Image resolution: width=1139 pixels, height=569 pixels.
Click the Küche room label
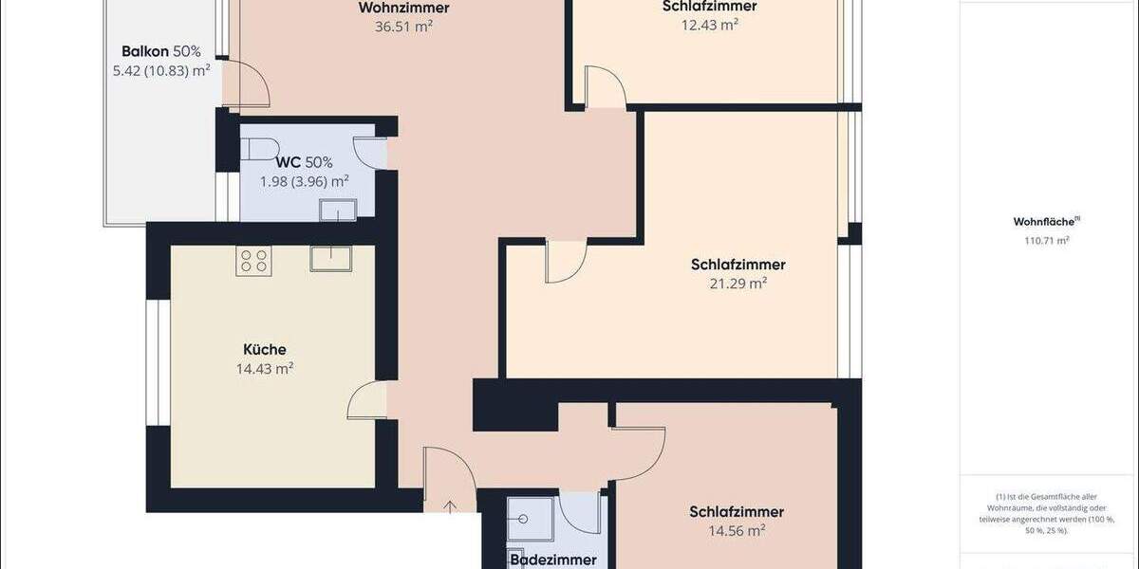coord(264,350)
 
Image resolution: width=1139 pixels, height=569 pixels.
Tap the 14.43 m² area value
coord(264,369)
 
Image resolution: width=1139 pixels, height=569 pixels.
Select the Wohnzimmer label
coord(403,9)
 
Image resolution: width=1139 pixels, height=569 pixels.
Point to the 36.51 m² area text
coord(403,27)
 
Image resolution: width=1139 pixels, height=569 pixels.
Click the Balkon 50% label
coord(161,51)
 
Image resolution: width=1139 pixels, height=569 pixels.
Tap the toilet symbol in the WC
coord(256,150)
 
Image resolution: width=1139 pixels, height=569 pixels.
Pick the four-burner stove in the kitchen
coord(253,261)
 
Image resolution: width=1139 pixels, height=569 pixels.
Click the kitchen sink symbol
coord(330,258)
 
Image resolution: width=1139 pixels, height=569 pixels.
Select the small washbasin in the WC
coord(337,210)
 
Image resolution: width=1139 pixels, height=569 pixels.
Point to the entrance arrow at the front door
coord(450,505)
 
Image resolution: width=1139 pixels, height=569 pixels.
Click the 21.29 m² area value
coord(738,284)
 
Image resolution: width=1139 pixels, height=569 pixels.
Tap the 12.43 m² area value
coord(709,26)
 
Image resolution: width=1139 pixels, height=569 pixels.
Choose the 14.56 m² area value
coord(737,531)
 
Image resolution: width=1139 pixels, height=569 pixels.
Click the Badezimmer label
coord(553,560)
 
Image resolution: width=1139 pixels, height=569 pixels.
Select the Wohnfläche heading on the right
coord(1044,222)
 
